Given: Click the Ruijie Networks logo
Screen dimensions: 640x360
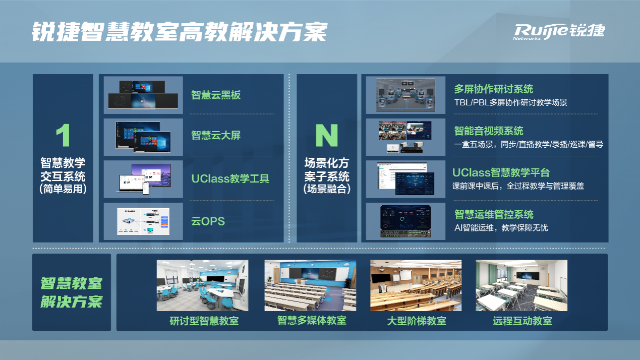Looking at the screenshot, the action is coord(559,32).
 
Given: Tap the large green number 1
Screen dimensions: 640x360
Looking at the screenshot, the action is coord(63,135).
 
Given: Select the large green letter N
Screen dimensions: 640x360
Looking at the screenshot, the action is coord(327,135).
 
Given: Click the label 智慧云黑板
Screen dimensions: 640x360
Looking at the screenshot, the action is coord(216,95).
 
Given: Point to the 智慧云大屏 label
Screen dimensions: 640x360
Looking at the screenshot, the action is coord(216,135).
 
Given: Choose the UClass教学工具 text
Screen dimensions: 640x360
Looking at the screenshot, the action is coord(230,178).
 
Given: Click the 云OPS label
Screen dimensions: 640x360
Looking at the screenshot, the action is coord(208,221).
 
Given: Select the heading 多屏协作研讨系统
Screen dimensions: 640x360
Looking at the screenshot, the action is coord(494,89).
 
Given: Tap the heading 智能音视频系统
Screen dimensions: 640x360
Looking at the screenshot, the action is coord(489,131).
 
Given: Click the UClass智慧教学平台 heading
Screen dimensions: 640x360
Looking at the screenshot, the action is coord(501,172).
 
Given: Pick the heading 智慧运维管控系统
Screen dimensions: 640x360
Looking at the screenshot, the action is coord(494,214).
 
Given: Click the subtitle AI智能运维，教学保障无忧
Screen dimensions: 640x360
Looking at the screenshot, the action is coord(501,228).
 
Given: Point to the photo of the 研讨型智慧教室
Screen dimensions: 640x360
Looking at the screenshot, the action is coord(202,285).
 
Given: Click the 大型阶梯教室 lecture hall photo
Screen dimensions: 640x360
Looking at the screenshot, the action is coord(416,285).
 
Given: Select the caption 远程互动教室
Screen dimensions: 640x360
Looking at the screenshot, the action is coord(522,321).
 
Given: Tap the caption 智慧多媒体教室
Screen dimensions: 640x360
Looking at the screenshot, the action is coord(312,321).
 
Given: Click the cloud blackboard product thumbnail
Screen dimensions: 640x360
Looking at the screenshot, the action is coord(143,95).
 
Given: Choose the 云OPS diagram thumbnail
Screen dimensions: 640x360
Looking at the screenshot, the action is coord(143,221).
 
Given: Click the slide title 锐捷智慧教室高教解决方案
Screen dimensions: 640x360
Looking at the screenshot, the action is coord(180,31).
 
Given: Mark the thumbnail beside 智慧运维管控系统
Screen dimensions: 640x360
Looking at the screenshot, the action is coord(405,221).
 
